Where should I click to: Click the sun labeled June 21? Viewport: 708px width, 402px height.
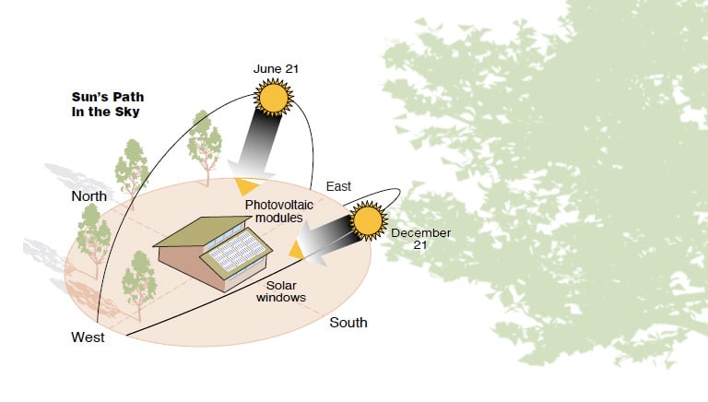[x=274, y=95]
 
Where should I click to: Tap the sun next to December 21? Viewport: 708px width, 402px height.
[x=367, y=222]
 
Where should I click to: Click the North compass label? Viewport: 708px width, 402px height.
[x=89, y=196]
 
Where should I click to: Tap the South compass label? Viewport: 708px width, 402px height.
[x=348, y=323]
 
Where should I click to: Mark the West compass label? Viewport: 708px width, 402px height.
[x=88, y=337]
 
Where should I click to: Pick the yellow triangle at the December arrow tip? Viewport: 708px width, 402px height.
[x=296, y=249]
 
